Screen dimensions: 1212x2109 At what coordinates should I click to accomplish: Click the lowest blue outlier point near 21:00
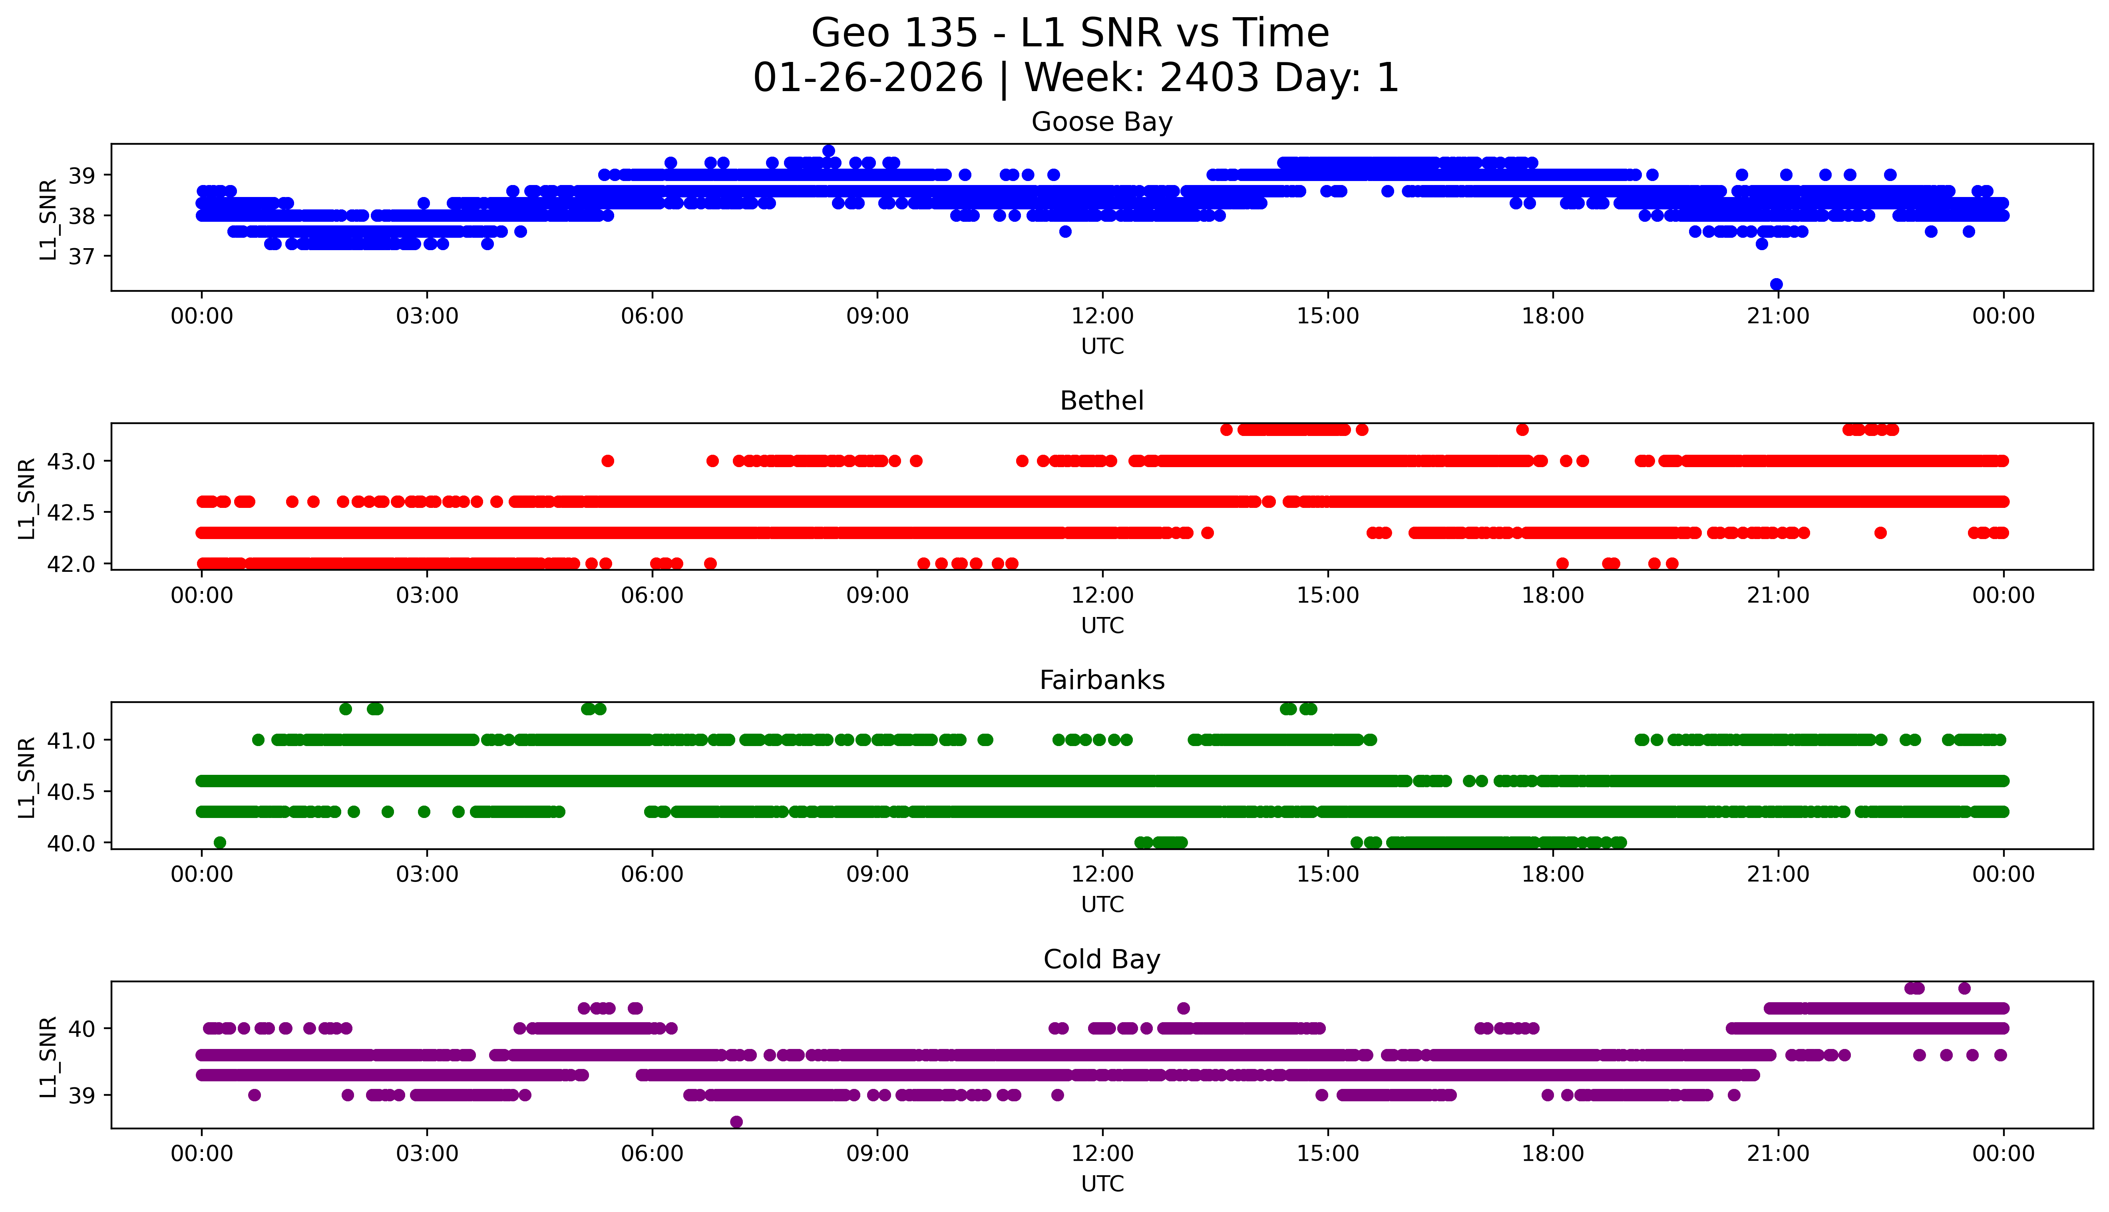(1776, 285)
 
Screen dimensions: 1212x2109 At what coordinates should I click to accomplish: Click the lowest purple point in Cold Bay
(736, 1122)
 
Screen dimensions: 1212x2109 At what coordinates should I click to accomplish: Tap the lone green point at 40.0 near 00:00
(220, 842)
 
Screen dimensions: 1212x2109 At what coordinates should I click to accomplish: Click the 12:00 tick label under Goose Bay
(1102, 316)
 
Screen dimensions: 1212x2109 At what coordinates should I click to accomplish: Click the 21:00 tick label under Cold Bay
(1778, 1154)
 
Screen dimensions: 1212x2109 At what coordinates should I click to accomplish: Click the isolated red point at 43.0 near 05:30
(607, 461)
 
